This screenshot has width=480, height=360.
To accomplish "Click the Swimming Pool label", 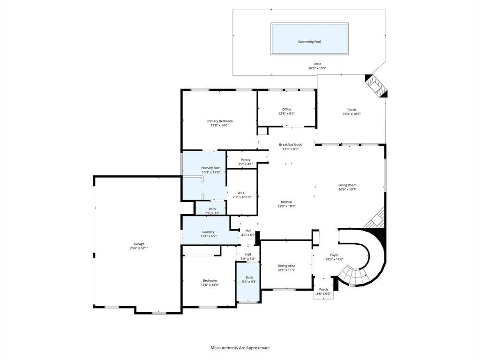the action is pos(309,42).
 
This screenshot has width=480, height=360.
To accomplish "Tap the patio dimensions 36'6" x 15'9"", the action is pos(317,68).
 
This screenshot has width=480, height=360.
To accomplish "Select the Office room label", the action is pos(286,109).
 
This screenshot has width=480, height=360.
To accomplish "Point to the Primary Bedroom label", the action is pos(219,121).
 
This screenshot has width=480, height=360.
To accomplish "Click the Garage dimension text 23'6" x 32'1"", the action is pos(139,248).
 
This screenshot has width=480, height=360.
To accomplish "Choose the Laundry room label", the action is pos(209,232).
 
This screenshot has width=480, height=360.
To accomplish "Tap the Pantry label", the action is pos(246,160).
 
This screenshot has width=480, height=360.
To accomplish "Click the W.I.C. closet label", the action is pos(242,193).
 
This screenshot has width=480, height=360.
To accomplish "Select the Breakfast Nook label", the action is pos(290,144).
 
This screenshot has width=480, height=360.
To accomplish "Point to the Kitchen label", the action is pos(286,202).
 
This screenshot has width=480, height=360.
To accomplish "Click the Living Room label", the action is pos(347,185).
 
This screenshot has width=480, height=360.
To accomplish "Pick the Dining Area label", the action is pos(286,266).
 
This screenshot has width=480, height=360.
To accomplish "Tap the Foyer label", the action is pos(334,255).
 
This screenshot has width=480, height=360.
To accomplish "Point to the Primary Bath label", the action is pos(211,168).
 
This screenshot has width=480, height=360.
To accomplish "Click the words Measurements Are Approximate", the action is pos(240,348).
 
